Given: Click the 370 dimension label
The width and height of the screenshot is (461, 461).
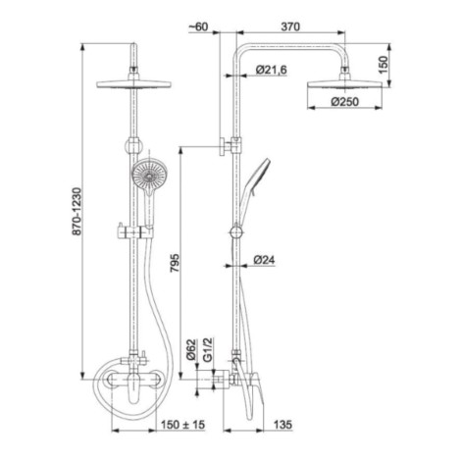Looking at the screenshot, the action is (x=290, y=26).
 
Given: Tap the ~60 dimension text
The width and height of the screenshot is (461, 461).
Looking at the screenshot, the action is (x=198, y=26).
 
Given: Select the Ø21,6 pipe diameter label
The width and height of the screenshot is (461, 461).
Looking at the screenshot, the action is (x=272, y=70).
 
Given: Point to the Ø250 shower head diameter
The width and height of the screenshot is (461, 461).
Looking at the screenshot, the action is (x=345, y=102).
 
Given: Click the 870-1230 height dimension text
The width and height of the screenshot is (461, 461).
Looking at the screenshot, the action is (x=77, y=211).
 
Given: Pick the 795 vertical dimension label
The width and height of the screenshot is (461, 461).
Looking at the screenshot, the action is (x=175, y=263).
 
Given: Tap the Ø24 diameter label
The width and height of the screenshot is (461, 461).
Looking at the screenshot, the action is (x=264, y=260).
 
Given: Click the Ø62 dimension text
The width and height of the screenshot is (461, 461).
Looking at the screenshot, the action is (x=191, y=349).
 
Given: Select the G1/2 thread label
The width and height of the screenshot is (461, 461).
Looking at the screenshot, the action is (x=208, y=350).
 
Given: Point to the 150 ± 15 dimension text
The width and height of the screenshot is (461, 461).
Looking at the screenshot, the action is (x=182, y=425).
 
